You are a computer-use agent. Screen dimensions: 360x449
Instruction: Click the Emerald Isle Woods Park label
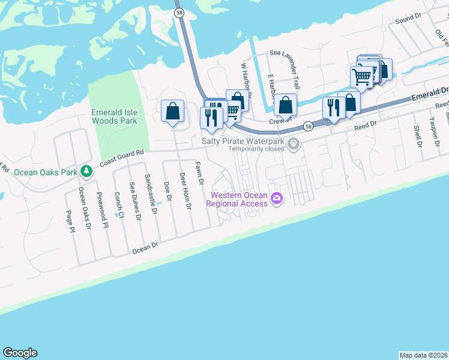(x=113, y=116)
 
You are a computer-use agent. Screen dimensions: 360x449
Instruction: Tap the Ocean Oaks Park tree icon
(x=86, y=172)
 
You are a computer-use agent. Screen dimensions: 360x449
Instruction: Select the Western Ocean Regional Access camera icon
(x=277, y=198)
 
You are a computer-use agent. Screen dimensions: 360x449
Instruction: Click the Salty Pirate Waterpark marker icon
(x=294, y=143)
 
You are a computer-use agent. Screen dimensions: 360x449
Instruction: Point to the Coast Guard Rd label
(x=122, y=158)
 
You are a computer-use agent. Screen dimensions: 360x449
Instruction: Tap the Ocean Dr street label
(x=145, y=246)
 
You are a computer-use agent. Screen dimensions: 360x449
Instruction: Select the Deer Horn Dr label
(x=185, y=190)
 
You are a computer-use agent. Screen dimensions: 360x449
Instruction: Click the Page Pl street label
(x=70, y=221)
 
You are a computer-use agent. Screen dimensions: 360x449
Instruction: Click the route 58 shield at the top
(x=178, y=12)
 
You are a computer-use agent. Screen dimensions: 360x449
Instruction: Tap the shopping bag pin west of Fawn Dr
(x=172, y=111)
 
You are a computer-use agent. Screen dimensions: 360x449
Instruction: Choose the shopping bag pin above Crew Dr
(x=286, y=104)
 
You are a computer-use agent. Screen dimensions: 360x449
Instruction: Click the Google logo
(x=20, y=353)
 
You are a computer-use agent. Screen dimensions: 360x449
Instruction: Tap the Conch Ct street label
(x=119, y=205)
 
